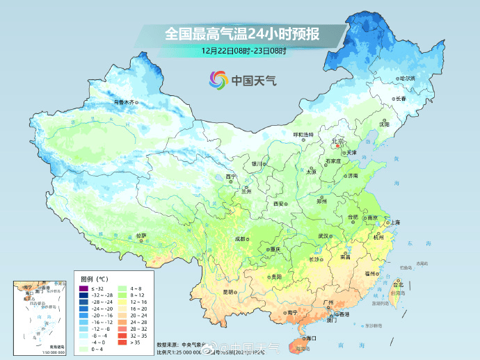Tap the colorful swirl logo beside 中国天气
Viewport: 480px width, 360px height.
(x=218, y=80)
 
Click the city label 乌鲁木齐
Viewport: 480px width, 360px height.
(x=124, y=102)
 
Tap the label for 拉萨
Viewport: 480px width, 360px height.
(x=141, y=236)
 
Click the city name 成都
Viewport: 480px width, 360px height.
(x=240, y=238)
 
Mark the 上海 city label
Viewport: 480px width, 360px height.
(x=394, y=222)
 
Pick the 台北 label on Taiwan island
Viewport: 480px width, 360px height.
(x=398, y=285)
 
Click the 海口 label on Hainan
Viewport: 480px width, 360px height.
(x=310, y=338)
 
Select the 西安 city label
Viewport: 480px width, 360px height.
(x=279, y=204)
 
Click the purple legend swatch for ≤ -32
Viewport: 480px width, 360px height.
(x=83, y=288)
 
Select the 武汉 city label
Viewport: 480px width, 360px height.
(x=323, y=236)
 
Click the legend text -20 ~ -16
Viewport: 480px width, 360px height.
(x=102, y=315)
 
